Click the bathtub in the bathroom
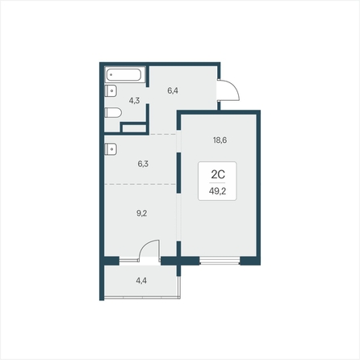(123, 74)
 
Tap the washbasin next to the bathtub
(111, 91)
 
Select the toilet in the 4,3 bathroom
(113, 113)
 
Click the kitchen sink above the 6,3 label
(111, 149)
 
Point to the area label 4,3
(134, 101)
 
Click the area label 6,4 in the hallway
(173, 90)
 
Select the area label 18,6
(220, 140)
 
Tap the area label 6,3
(143, 164)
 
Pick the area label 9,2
(141, 213)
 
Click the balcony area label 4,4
(141, 281)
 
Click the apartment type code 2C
(218, 174)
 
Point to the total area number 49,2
(217, 191)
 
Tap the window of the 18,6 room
(220, 261)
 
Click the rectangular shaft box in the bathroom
(134, 128)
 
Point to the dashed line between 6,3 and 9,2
(140, 184)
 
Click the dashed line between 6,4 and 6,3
(162, 134)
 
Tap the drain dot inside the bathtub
(111, 75)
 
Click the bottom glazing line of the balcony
(142, 298)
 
